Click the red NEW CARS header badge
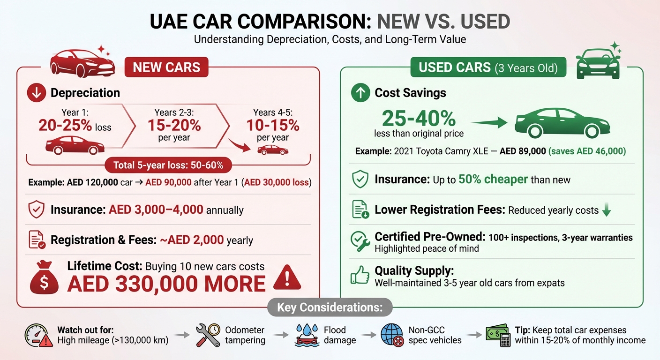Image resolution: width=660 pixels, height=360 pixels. click(x=166, y=67)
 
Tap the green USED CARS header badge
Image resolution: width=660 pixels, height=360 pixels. click(x=488, y=67)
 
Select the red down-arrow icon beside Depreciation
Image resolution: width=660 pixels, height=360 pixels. click(x=37, y=93)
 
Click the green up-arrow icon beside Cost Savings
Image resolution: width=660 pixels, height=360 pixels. click(x=360, y=93)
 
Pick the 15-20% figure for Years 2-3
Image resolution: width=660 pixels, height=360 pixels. click(x=174, y=125)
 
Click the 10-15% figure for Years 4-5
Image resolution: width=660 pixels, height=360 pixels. click(x=272, y=125)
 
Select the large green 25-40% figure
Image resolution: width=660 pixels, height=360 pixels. click(x=419, y=119)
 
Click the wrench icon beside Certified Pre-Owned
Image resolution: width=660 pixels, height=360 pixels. click(x=360, y=242)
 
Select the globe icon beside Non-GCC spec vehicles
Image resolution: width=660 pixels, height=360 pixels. click(x=391, y=335)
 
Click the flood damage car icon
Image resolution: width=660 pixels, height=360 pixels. click(x=307, y=335)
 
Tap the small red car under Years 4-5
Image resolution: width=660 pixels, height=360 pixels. click(x=273, y=150)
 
